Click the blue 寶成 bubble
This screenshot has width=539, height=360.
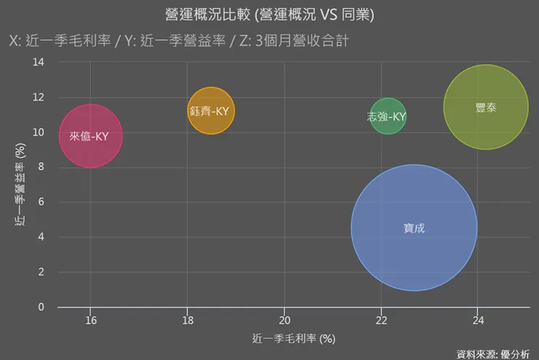(414, 227)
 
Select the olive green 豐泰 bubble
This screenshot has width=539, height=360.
(486, 107)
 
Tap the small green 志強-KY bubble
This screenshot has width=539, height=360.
(387, 117)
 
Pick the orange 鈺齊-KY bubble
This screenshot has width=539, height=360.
(211, 111)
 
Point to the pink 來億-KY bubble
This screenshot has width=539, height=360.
(90, 136)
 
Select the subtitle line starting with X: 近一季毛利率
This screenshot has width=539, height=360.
(178, 41)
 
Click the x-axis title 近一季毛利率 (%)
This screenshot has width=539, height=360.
(293, 339)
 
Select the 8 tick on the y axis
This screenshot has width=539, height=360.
(42, 167)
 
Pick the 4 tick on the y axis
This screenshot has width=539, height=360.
(42, 237)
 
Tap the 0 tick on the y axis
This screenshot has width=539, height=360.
(42, 307)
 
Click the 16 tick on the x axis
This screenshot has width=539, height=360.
(90, 320)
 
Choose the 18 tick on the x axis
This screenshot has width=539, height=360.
(187, 320)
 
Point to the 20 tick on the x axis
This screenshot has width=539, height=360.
(284, 320)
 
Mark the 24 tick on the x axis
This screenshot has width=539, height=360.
(478, 320)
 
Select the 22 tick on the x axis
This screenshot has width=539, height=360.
(381, 320)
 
